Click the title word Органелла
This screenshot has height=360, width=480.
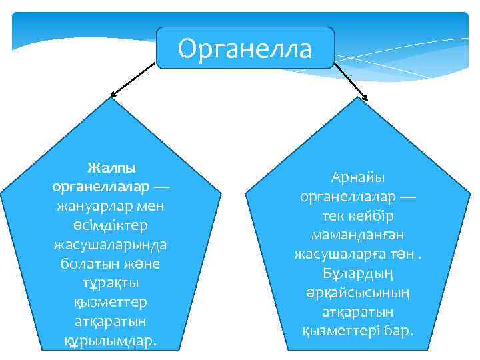point(245,49)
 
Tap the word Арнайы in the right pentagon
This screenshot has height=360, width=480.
point(353,178)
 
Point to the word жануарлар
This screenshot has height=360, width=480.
point(90,207)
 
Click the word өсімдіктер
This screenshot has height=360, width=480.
point(111,226)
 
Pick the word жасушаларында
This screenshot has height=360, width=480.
point(111,245)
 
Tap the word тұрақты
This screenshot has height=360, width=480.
point(111,283)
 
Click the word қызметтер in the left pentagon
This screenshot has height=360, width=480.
point(111,303)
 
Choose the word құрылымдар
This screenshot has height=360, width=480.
point(110,341)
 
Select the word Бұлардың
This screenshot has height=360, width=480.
point(353,274)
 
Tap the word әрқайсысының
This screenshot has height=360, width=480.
point(353,293)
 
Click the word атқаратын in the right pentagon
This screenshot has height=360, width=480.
point(353,312)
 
